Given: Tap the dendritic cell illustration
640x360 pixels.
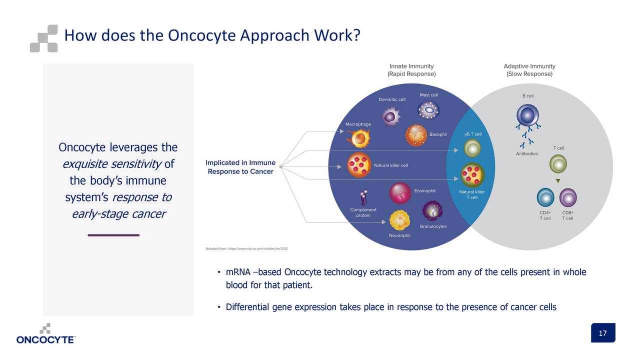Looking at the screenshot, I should click(390, 116).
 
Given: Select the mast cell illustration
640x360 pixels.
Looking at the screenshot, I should click(428, 110).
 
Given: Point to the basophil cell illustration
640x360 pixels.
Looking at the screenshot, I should click(416, 135).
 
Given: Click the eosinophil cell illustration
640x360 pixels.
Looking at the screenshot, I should click(400, 193).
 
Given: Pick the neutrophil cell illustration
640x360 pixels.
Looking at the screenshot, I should click(399, 220).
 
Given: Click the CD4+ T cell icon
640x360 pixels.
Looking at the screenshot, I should click(545, 197).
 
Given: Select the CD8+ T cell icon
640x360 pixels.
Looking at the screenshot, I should click(567, 197).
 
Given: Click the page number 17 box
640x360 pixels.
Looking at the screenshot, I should click(602, 333).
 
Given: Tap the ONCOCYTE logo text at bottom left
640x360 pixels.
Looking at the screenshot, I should click(45, 340).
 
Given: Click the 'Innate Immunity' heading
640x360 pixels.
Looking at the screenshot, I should click(411, 66).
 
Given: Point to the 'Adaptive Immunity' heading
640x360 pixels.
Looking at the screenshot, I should click(529, 66).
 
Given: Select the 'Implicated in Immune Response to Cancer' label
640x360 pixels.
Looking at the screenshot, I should click(240, 167).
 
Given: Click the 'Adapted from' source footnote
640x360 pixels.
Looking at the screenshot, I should click(246, 248).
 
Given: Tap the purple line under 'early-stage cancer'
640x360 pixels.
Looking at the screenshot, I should click(113, 235).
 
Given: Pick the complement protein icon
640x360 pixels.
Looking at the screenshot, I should click(363, 197).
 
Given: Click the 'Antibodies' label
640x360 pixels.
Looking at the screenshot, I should click(526, 153).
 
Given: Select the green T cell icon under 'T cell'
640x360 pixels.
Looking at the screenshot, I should click(558, 163).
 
